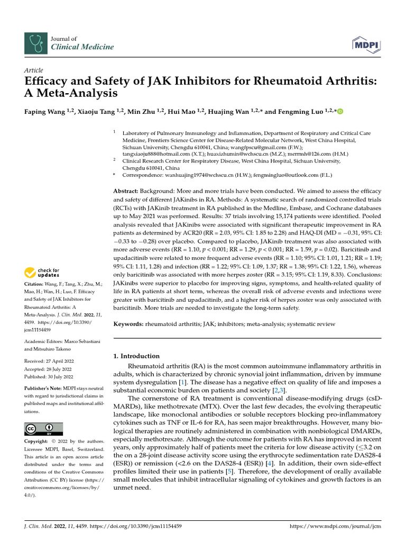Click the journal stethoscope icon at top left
(x=35, y=43)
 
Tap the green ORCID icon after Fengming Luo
(x=340, y=112)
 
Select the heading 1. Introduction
(x=137, y=356)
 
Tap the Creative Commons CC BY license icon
(x=43, y=429)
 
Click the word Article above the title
(x=34, y=70)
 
